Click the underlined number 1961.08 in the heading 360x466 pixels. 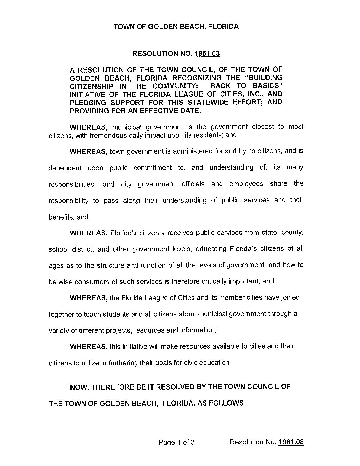point(207,54)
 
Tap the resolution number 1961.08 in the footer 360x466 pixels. point(291,442)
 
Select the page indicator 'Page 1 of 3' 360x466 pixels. point(176,442)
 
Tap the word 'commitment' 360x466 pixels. point(152,168)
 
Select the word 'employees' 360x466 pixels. point(246,184)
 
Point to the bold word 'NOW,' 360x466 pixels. point(79,387)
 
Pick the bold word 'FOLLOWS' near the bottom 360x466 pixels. point(226,403)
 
